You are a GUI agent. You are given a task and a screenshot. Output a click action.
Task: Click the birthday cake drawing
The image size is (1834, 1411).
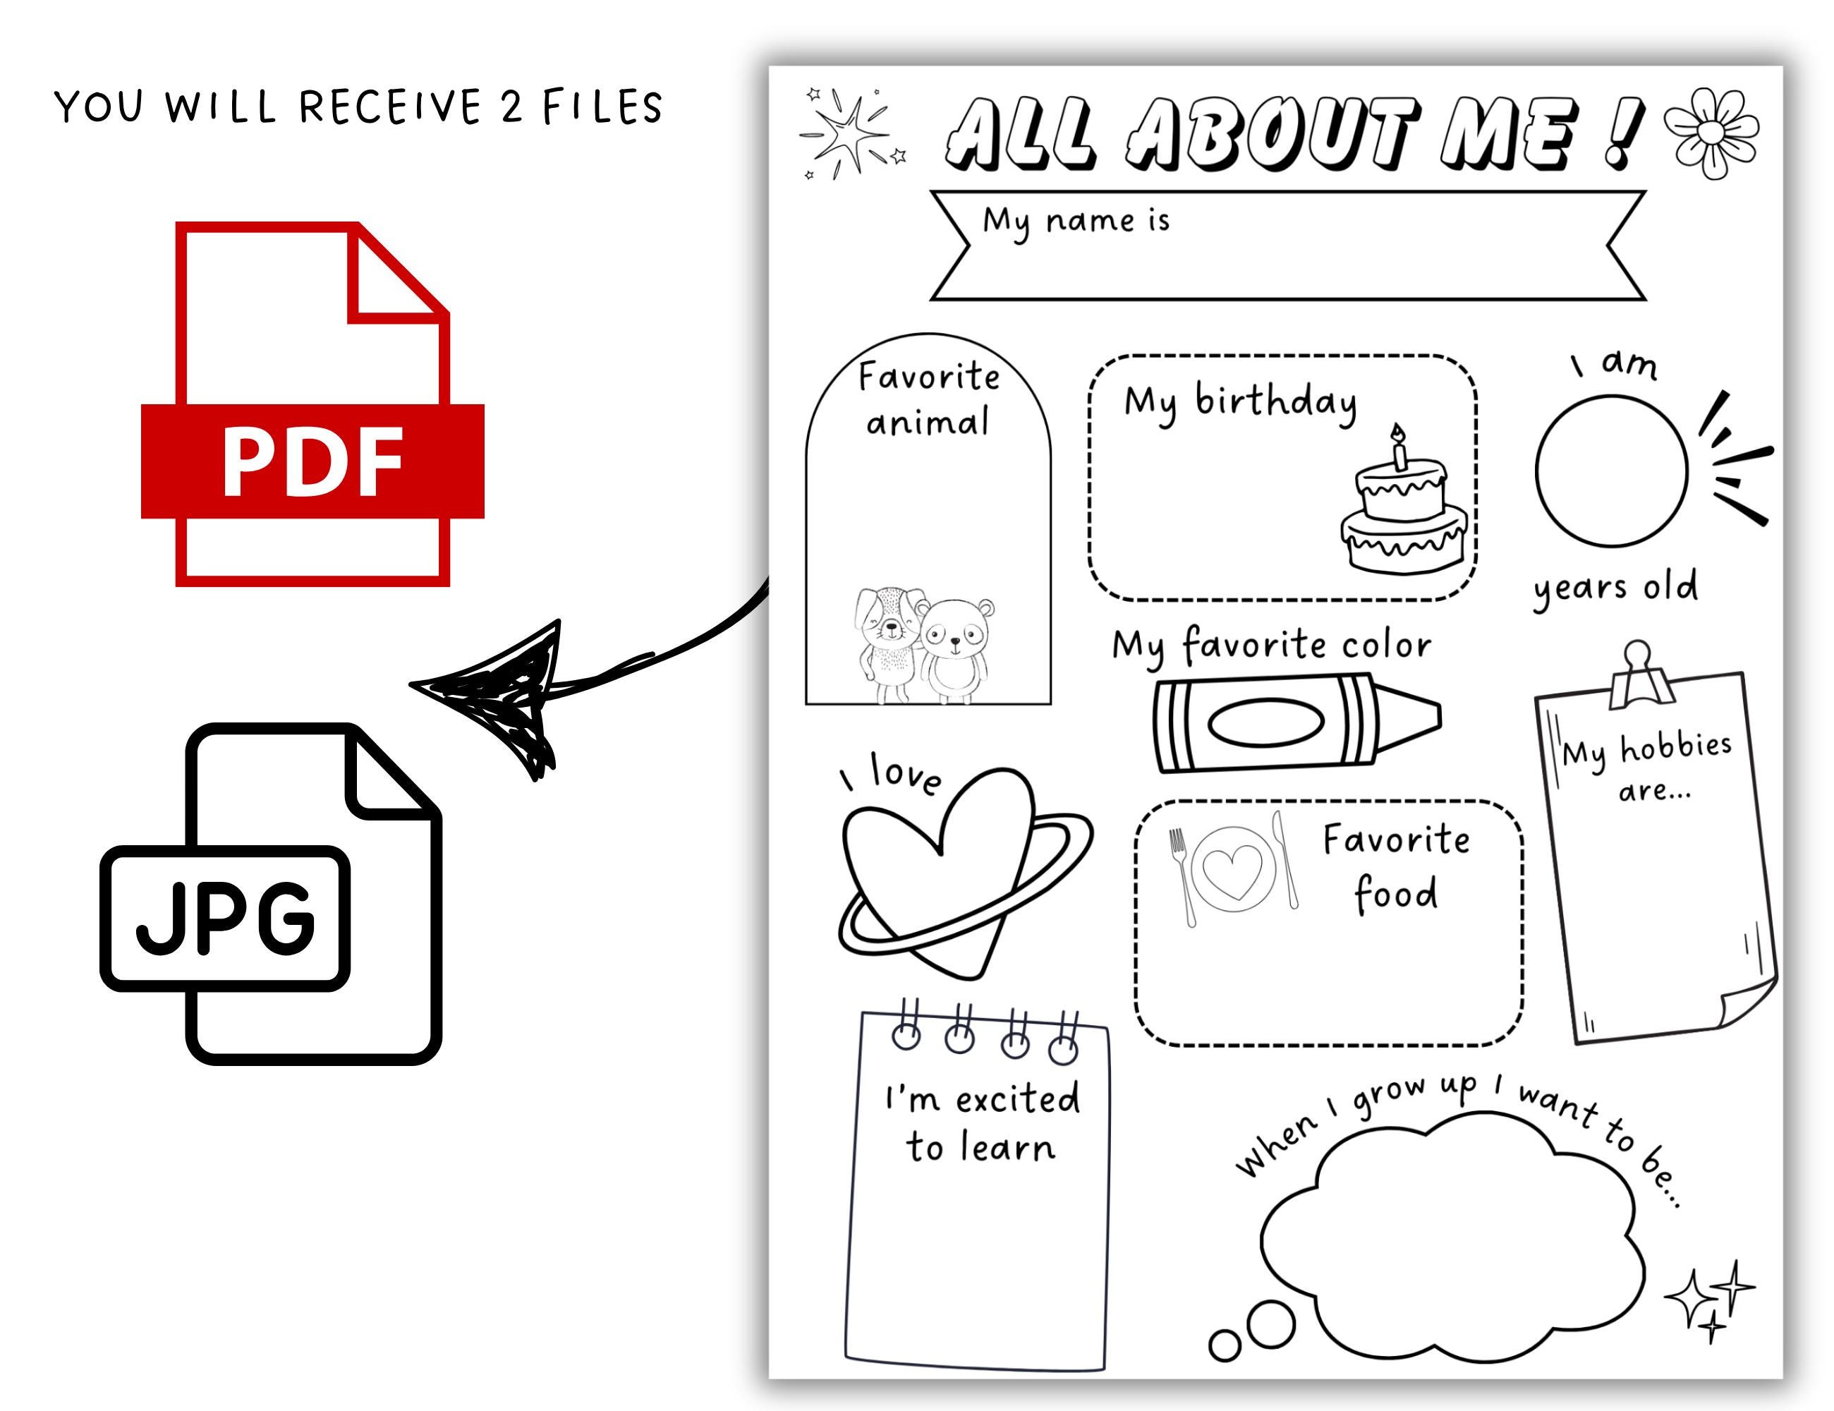pos(1402,512)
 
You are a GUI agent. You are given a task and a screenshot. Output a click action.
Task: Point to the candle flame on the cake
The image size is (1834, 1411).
pos(1397,432)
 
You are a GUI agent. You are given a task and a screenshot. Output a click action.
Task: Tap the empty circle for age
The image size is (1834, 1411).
pos(1610,471)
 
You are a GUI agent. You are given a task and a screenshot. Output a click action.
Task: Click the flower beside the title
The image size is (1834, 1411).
pos(1711,133)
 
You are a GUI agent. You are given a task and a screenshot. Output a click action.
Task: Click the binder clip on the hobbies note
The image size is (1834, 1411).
pos(1637,674)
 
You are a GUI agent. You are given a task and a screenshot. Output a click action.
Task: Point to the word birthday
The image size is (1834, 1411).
pos(1275,402)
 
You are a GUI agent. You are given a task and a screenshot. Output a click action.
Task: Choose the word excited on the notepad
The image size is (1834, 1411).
pos(1017,1099)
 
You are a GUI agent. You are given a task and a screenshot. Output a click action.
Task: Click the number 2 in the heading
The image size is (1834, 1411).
pos(511,107)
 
